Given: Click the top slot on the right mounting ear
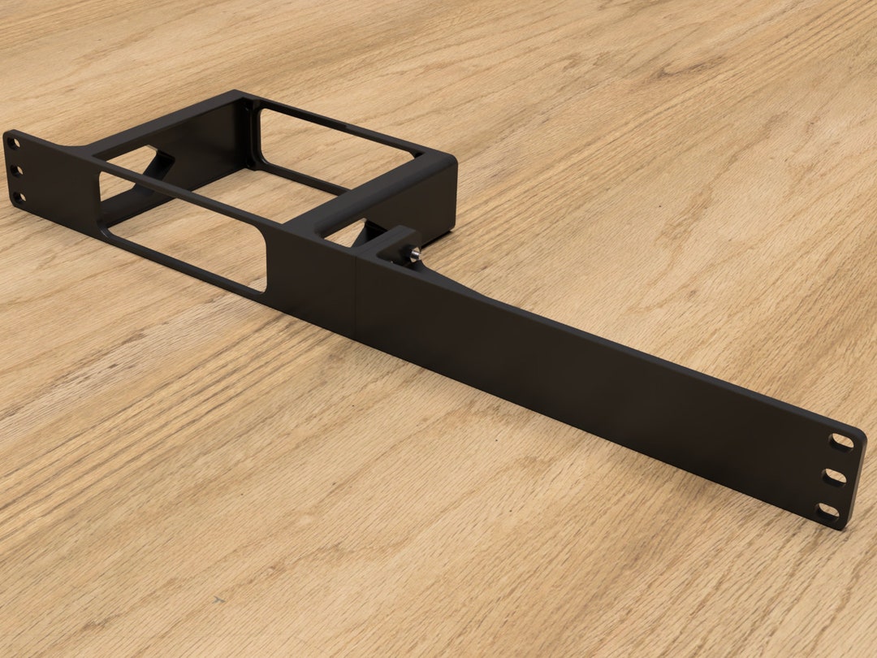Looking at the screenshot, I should [841, 442].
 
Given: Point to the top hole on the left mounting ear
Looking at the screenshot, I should [13, 144].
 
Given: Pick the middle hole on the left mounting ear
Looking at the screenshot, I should [15, 171].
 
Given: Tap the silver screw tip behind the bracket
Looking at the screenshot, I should [414, 255].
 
